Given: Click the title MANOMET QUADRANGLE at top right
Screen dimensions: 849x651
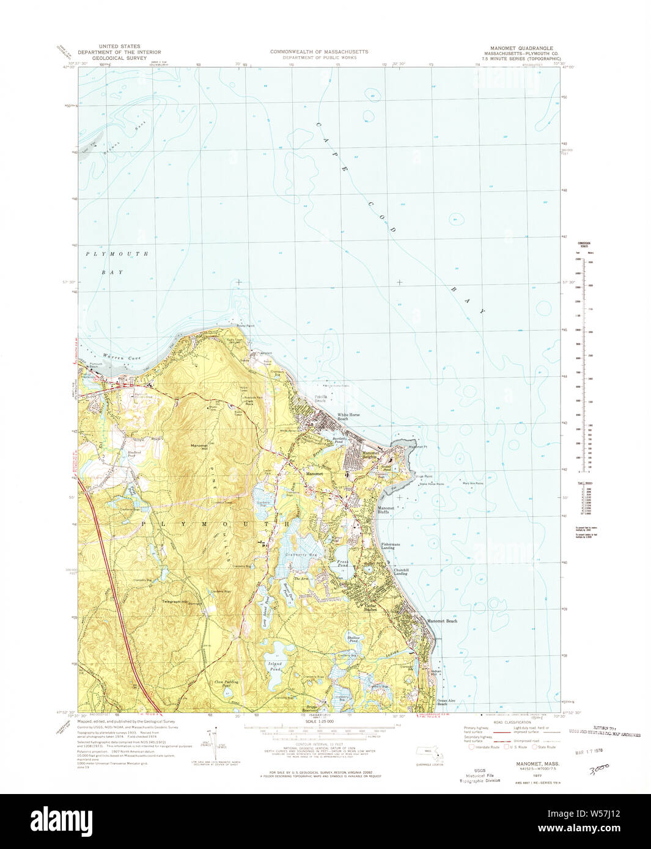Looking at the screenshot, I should (x=521, y=48).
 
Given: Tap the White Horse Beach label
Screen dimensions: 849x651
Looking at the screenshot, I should (x=348, y=417).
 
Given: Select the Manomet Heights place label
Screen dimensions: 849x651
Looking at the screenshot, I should (x=369, y=454).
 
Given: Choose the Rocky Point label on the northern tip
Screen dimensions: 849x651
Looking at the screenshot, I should (x=245, y=326).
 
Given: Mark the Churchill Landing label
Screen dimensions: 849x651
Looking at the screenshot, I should (x=400, y=572).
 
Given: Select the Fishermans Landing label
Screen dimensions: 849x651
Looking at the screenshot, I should (x=391, y=545).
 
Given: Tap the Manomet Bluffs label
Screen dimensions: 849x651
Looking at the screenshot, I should (x=386, y=510).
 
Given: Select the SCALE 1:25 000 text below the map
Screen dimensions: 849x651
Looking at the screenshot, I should (x=318, y=722).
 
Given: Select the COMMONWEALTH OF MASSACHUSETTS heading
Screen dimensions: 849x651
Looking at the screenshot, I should (x=319, y=52).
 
